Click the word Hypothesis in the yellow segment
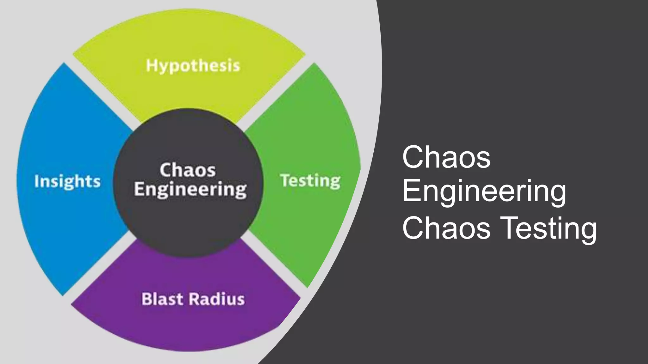[193, 66]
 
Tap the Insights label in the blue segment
[67, 181]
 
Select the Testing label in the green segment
[310, 181]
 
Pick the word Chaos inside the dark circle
[187, 170]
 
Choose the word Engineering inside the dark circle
[190, 189]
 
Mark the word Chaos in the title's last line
[446, 228]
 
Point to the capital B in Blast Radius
[146, 299]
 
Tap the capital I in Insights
[36, 181]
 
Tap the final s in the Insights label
[97, 182]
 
